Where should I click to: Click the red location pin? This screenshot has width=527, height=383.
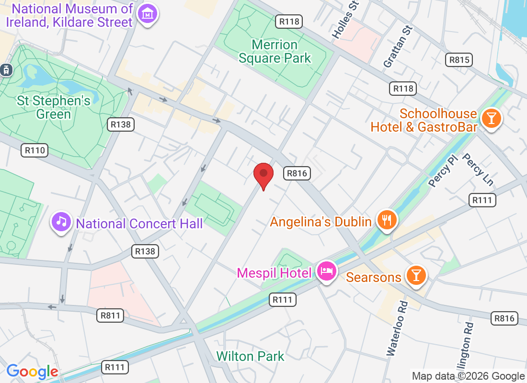click(263, 175)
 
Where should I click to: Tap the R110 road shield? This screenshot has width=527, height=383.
click(35, 150)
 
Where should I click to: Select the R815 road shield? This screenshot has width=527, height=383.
click(458, 60)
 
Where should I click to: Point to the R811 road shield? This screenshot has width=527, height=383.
click(110, 315)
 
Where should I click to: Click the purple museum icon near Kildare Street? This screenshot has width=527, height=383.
click(148, 14)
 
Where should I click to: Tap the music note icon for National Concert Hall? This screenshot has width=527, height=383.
click(61, 222)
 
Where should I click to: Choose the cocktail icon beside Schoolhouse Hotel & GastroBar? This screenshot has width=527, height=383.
click(491, 117)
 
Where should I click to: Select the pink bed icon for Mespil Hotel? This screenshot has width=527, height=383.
click(327, 272)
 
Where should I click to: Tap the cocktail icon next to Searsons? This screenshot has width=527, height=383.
click(416, 275)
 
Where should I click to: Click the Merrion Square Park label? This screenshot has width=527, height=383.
click(275, 52)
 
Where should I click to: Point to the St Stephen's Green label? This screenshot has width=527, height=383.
click(53, 107)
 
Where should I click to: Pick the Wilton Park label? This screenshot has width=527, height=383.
click(250, 356)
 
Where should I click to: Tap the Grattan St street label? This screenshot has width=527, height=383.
click(398, 45)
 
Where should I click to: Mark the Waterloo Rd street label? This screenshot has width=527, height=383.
click(397, 328)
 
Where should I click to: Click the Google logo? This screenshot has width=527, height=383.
click(32, 372)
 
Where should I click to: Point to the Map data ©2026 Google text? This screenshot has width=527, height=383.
click(468, 376)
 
